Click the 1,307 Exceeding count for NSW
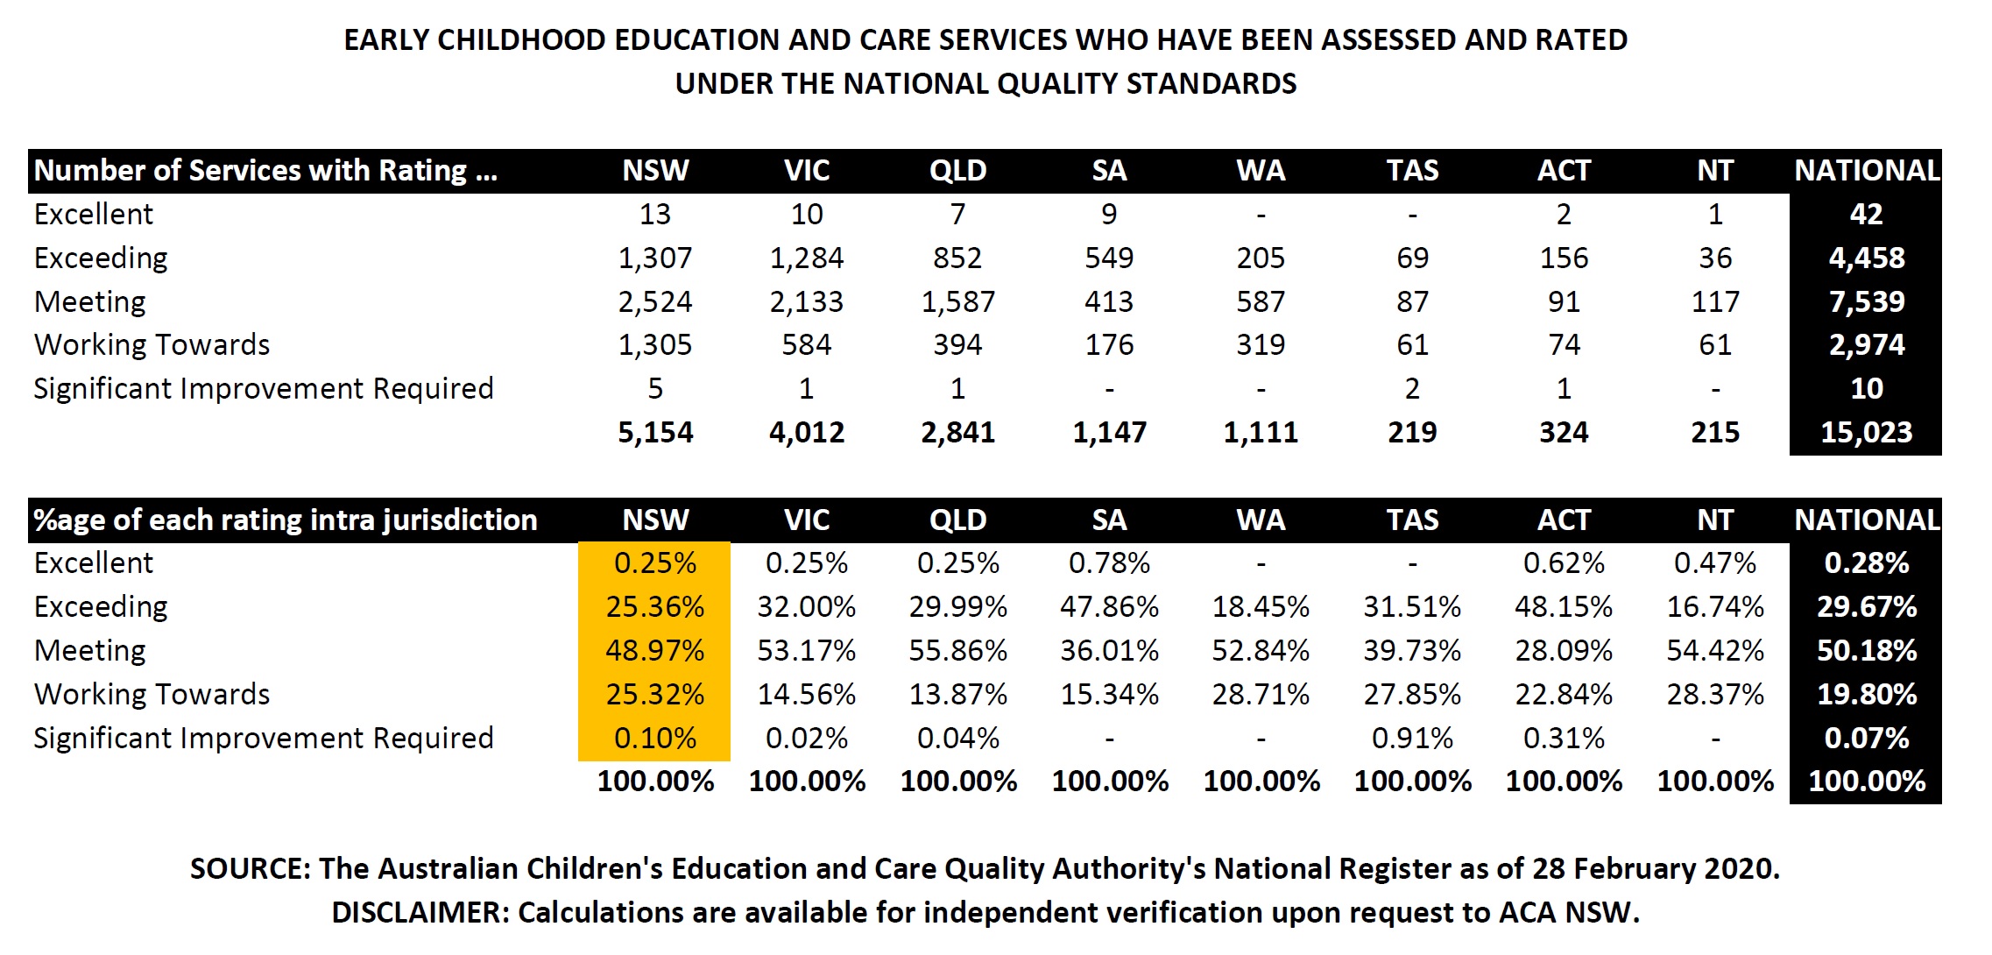(x=654, y=258)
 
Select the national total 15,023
(x=1866, y=432)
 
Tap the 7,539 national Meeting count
(x=1866, y=301)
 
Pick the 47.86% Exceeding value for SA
(x=1109, y=606)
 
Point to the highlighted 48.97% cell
(x=654, y=650)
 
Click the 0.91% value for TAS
(x=1412, y=738)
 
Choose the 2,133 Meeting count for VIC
(x=806, y=301)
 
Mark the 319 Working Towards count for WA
(x=1261, y=344)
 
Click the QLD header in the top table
(x=957, y=170)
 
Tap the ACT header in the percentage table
(x=1564, y=520)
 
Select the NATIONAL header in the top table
(x=1866, y=170)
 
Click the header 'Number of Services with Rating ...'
(x=265, y=170)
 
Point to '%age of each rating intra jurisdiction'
(x=285, y=520)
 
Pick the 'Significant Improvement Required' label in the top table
(x=263, y=388)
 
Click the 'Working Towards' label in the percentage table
(x=152, y=694)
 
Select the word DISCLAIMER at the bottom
(x=419, y=912)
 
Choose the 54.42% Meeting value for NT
(x=1715, y=650)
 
